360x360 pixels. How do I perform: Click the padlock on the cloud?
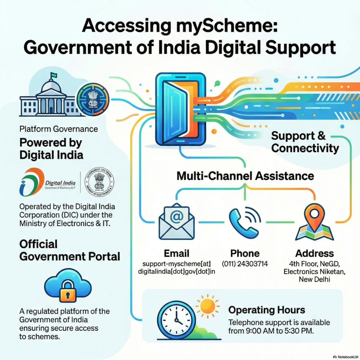pos(67,290)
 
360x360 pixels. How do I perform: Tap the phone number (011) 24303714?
pos(245,264)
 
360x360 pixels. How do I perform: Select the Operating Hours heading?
pos(266,310)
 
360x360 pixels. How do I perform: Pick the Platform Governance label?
pos(59,129)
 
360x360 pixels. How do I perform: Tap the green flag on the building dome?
pos(53,75)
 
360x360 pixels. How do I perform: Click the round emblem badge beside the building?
pos(93,99)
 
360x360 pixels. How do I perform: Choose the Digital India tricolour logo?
pos(32,181)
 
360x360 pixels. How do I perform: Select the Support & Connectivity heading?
pos(305,142)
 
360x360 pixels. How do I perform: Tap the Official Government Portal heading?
pos(70,250)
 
